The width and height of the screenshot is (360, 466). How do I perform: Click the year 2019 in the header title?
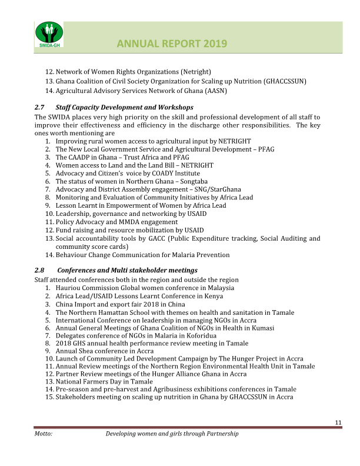click(x=212, y=44)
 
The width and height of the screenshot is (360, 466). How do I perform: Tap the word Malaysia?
click(x=217, y=288)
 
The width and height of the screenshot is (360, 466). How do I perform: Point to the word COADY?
click(x=159, y=174)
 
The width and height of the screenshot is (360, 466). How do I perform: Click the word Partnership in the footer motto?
click(x=218, y=434)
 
